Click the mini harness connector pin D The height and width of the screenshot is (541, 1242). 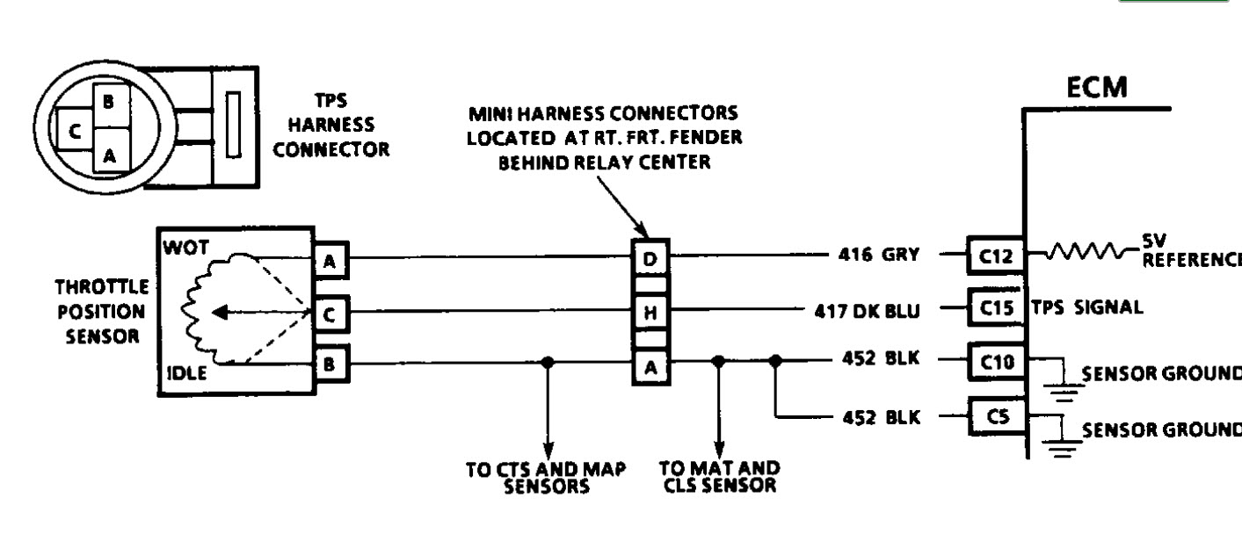coord(650,258)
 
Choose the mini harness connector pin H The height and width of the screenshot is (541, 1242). coord(650,311)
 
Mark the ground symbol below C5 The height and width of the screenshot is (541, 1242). coord(1063,449)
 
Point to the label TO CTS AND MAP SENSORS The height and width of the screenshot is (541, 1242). coord(546,477)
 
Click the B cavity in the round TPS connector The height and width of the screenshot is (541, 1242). coord(108,102)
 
